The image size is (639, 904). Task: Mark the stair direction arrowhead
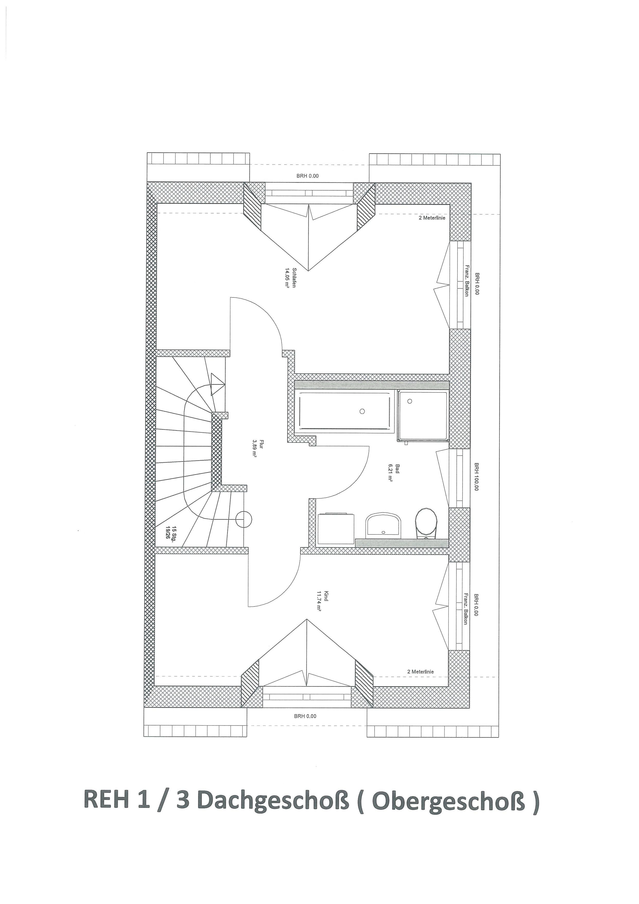click(217, 384)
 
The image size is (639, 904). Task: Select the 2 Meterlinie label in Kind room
click(421, 672)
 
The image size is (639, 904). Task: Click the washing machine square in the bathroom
click(336, 528)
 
